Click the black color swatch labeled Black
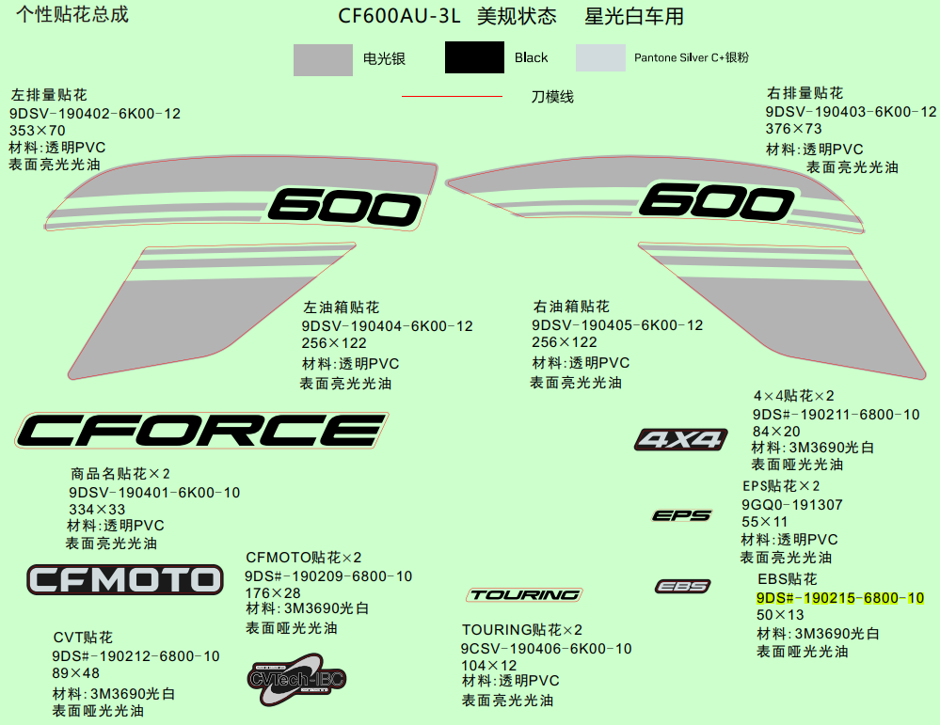tap(474, 58)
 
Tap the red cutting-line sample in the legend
tap(452, 96)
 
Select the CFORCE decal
tap(200, 431)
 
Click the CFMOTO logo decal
tap(124, 579)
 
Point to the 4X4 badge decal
tap(681, 439)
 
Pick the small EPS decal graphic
tap(682, 515)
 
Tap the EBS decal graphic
tap(682, 587)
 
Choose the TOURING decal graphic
tap(524, 594)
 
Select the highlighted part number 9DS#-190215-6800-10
tap(839, 598)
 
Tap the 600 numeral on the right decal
tap(717, 199)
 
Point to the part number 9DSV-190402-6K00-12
tap(95, 114)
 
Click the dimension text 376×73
tap(793, 129)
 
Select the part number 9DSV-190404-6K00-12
tap(387, 326)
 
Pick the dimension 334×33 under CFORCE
tap(97, 509)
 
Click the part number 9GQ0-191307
tap(792, 504)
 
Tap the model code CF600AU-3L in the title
tap(399, 17)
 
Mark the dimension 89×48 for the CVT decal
tap(75, 673)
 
